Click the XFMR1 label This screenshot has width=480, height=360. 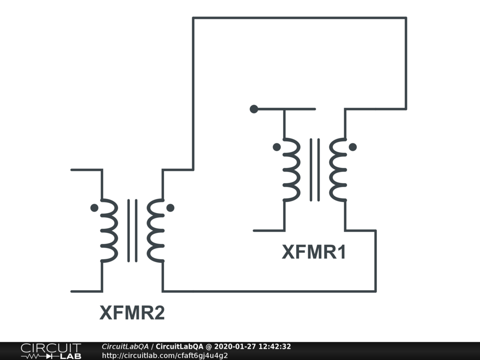click(314, 252)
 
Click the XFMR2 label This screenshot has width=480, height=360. click(132, 313)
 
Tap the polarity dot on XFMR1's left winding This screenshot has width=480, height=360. click(277, 147)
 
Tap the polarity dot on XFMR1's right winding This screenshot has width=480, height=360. click(352, 147)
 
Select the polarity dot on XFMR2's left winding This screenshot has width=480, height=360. click(94, 208)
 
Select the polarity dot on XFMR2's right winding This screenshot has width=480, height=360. click(170, 208)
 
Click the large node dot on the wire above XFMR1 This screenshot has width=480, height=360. click(254, 109)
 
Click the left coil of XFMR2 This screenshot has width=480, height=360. click(109, 230)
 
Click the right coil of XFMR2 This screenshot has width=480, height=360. click(155, 230)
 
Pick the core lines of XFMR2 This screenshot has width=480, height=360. click(132, 230)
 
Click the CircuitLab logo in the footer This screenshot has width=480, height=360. click(51, 351)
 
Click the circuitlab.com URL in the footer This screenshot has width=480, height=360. click(165, 355)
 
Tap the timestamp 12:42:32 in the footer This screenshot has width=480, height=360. click(274, 346)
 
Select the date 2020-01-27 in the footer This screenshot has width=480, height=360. click(235, 346)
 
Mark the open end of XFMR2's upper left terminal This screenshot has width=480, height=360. click(71, 170)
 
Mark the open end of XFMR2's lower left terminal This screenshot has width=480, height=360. click(71, 291)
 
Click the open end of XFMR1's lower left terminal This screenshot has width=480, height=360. click(254, 231)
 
